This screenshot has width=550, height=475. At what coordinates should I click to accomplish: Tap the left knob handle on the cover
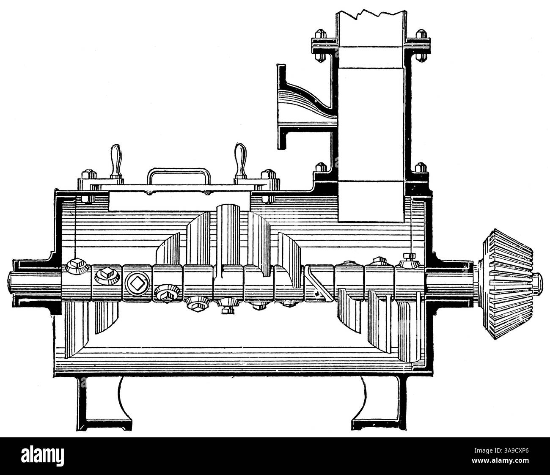pos(116,161)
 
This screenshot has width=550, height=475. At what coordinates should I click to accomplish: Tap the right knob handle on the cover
pos(241,160)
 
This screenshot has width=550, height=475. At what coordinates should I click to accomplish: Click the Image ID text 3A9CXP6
pos(501,450)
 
